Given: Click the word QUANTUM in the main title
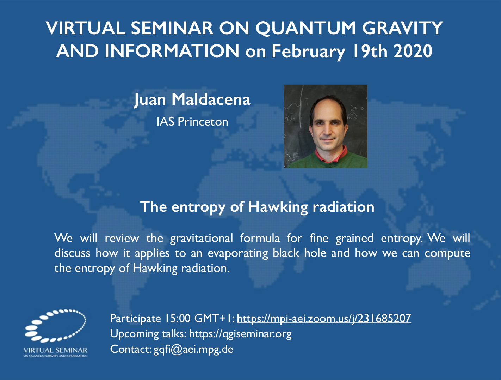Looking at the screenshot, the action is (x=306, y=28).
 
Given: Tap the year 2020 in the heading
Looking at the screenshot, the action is (x=413, y=51).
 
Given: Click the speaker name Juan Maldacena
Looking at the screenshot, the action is (x=192, y=100).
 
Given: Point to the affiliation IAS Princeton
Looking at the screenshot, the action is (x=192, y=121).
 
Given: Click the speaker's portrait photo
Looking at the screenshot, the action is (x=325, y=126).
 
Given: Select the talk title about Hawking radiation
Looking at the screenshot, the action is (x=257, y=207).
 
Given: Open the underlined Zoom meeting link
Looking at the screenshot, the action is (x=324, y=318).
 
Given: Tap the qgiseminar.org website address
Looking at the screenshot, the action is (x=240, y=334).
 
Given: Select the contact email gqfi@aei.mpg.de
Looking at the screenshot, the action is (x=193, y=350).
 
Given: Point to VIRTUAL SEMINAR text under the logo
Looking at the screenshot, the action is (x=55, y=350).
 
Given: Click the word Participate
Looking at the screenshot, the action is (x=136, y=319).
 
